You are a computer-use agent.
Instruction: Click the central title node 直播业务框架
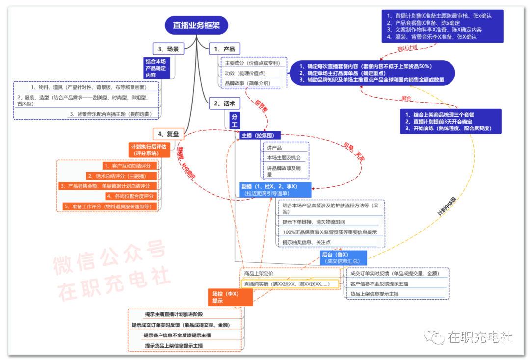coord(196,25)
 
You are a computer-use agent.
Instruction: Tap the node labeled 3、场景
coord(168,49)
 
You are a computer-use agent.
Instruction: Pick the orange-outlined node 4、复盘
coord(168,133)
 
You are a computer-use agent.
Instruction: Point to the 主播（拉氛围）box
coord(261,135)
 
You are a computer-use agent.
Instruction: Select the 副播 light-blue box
coord(275,190)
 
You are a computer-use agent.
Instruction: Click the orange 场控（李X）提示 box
coord(230,297)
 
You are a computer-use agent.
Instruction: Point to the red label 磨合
coord(406,99)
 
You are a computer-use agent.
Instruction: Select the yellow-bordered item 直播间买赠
coord(290,284)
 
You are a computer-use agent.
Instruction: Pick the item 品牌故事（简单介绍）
coord(248,83)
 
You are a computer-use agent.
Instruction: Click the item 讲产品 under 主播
coord(275,148)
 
